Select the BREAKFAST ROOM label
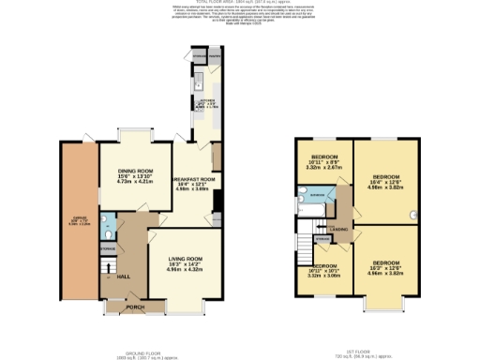click(194, 178)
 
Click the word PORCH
click(135, 306)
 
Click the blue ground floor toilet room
click(107, 226)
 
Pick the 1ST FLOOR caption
click(353, 327)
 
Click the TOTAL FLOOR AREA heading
click(240, 3)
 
